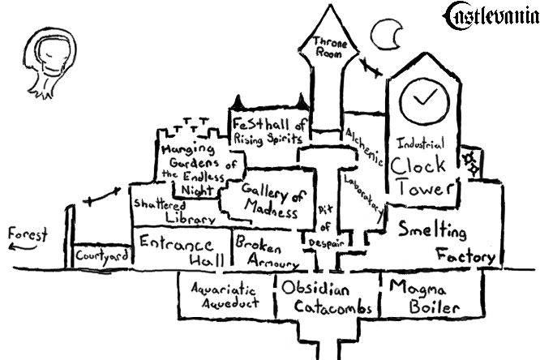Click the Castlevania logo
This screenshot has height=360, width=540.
[x=491, y=14]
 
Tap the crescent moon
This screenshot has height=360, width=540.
[x=385, y=34]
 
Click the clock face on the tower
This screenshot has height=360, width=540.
[x=423, y=98]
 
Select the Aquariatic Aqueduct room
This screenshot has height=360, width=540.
[x=225, y=296]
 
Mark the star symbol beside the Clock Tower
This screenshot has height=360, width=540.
[x=469, y=162]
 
